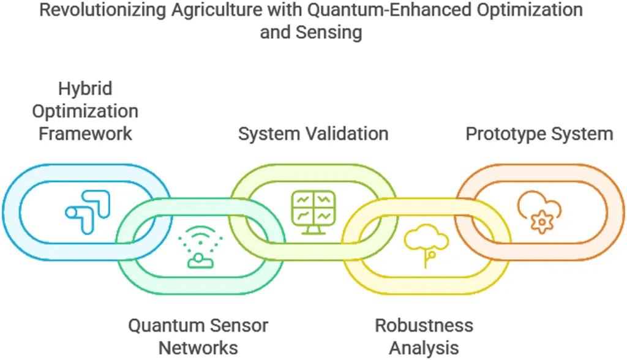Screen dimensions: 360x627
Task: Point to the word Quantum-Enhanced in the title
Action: [388, 10]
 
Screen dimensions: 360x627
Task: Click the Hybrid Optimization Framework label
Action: [85, 111]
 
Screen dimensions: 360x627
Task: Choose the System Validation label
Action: [313, 133]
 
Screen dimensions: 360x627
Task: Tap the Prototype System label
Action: [539, 133]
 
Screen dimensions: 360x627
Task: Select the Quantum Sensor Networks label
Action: [198, 336]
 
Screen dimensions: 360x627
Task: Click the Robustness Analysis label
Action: [424, 336]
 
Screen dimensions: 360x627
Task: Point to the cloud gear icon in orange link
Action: [538, 212]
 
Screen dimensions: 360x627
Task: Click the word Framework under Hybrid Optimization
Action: [85, 133]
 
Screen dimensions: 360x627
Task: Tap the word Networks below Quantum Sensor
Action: [198, 347]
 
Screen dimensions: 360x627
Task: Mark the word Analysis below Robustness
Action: [424, 347]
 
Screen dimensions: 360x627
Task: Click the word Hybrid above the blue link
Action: [85, 89]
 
